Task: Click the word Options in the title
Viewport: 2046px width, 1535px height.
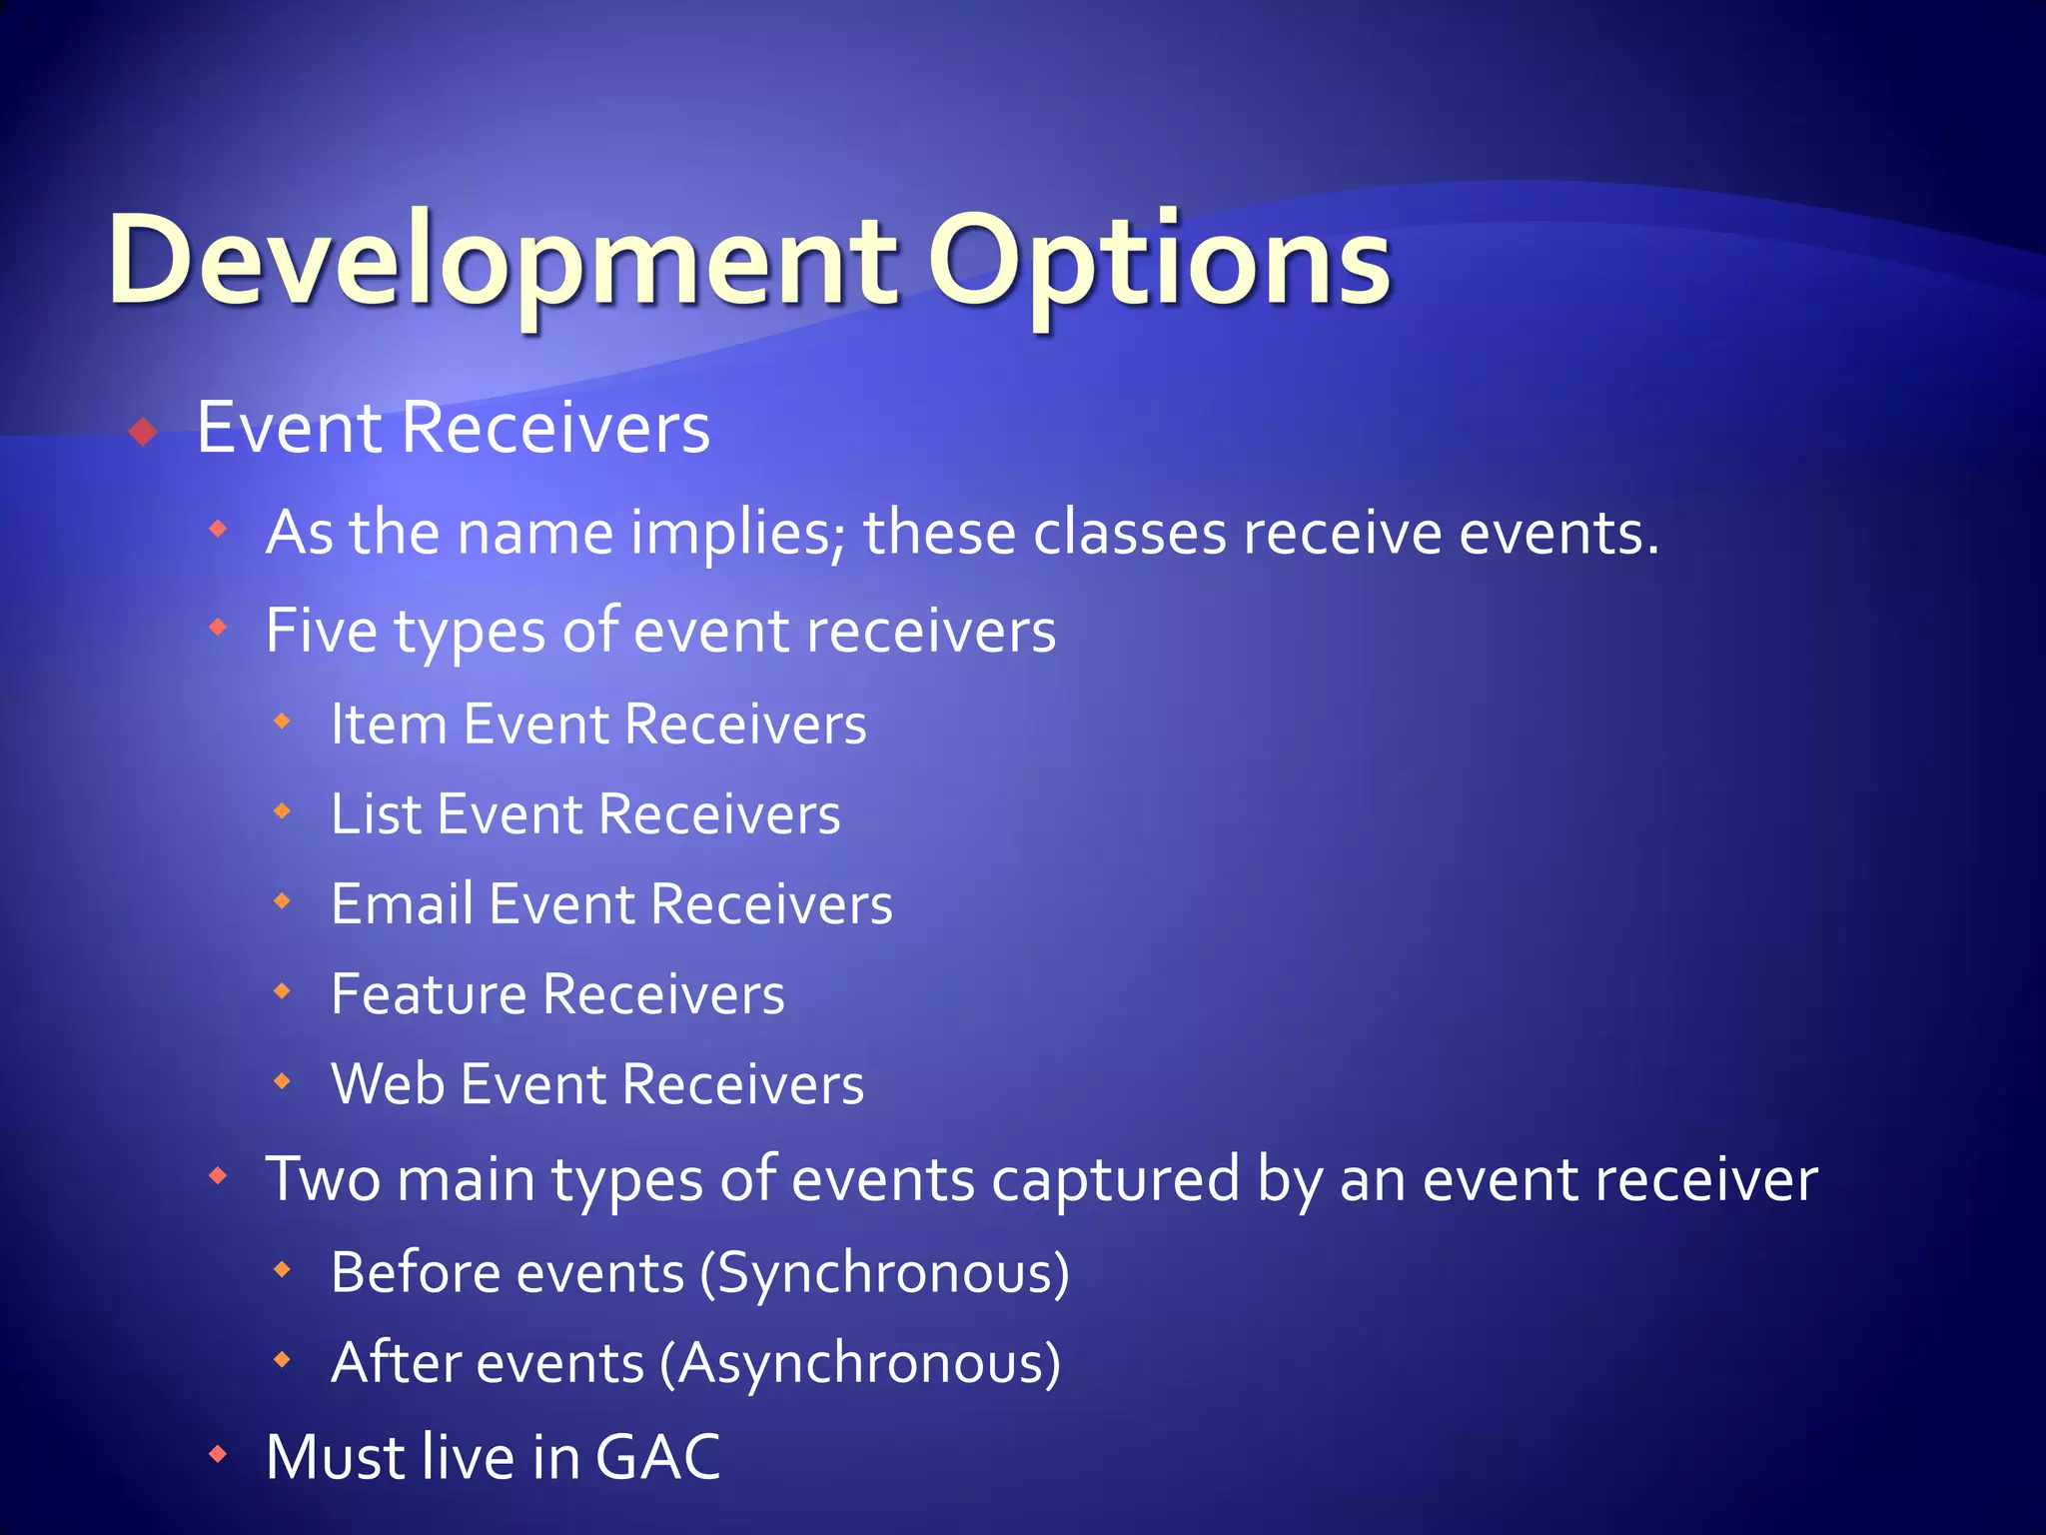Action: [1159, 262]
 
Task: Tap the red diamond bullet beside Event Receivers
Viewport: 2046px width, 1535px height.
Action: [144, 432]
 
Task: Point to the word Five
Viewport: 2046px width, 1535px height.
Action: [322, 632]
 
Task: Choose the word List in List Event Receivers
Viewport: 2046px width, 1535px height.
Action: [376, 814]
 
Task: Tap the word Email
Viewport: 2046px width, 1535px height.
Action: [402, 904]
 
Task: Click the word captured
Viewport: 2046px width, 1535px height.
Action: [1115, 1179]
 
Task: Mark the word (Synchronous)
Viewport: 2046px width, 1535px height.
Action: [884, 1273]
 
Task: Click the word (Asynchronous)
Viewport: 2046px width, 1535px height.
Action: [860, 1363]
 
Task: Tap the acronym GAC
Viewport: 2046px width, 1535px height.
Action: [657, 1457]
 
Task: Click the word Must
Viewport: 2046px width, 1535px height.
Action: [336, 1457]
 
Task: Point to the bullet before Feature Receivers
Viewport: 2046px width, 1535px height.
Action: [283, 991]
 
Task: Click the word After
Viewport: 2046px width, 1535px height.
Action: [388, 1363]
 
